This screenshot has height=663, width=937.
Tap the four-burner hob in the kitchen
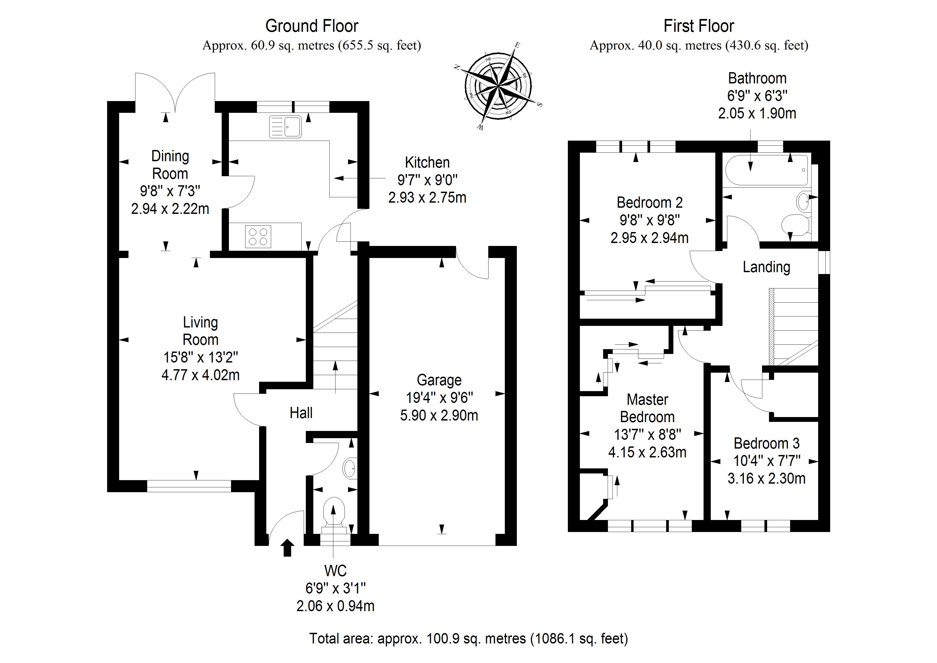[258, 237]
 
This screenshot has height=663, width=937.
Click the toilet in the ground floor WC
[334, 513]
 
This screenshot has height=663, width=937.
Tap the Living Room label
[200, 331]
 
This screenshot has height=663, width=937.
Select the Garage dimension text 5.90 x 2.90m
[439, 415]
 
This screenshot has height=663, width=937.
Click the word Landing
[766, 267]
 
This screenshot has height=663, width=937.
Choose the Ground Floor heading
[312, 26]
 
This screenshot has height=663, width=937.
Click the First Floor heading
[699, 26]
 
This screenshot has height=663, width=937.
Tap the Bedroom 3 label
[766, 443]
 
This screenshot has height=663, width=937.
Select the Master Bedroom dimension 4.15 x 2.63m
[647, 453]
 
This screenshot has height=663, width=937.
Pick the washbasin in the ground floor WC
[349, 469]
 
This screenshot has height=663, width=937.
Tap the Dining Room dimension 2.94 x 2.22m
[170, 209]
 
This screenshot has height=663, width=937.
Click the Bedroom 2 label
[649, 203]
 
